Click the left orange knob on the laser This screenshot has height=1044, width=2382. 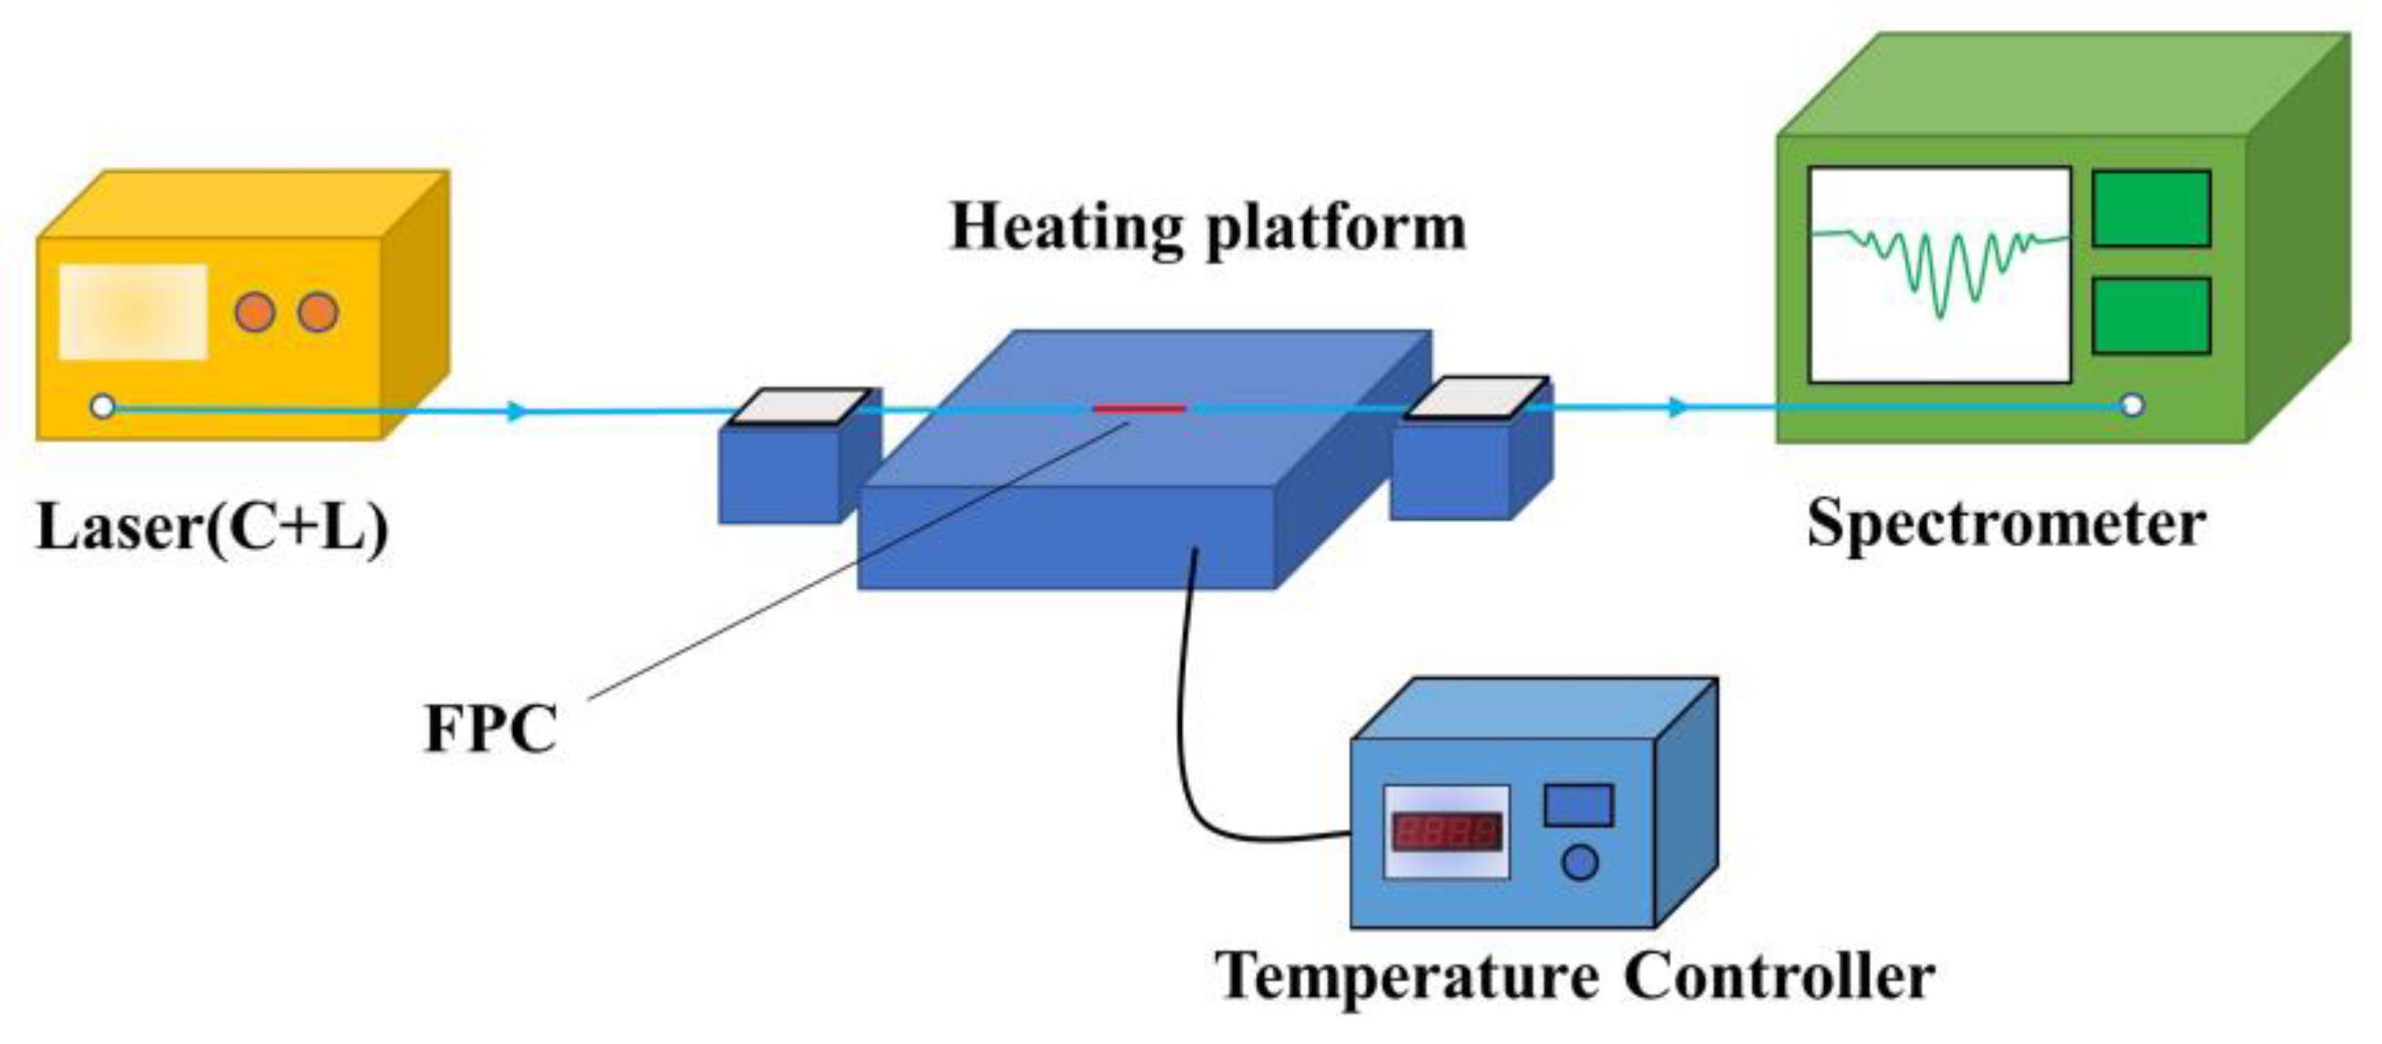tap(254, 312)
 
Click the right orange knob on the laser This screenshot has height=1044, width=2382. tap(318, 312)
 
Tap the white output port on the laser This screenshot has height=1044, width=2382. tap(103, 406)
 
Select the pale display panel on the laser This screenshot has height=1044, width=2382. tap(132, 312)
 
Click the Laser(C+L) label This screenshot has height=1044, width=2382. tap(211, 527)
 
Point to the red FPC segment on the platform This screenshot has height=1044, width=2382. tap(1139, 408)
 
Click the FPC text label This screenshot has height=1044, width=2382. tap(491, 730)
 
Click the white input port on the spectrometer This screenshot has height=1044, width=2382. tap(2132, 405)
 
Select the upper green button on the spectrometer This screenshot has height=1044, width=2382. tap(2151, 209)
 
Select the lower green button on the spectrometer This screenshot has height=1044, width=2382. tap(2151, 316)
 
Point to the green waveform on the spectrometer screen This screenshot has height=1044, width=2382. tap(1940, 268)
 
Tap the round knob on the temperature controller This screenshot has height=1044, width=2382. tap(1579, 863)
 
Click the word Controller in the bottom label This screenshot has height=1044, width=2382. tap(1779, 977)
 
